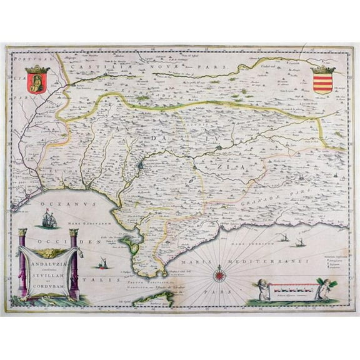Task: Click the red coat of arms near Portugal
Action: click(x=37, y=79)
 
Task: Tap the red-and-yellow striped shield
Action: click(x=322, y=81)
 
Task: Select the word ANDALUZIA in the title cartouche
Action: click(x=48, y=262)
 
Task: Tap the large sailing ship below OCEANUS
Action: click(x=49, y=219)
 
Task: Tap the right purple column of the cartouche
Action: click(x=74, y=264)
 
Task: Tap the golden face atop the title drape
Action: click(x=48, y=252)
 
